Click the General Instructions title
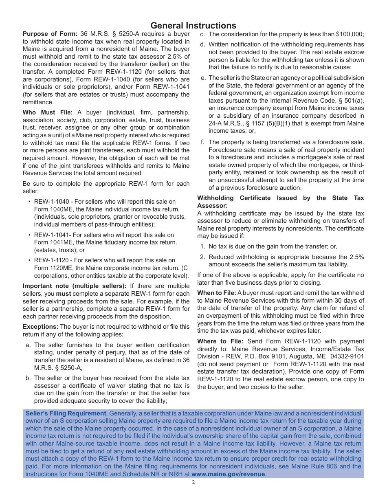tap(193, 26)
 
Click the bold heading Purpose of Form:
tap(50, 34)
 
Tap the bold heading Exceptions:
tap(40, 327)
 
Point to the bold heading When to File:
tap(216, 293)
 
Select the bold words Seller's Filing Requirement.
tap(67, 413)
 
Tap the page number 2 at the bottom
tap(193, 483)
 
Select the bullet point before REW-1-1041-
tap(29, 235)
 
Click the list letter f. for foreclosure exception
tap(202, 142)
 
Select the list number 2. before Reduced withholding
tap(202, 257)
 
